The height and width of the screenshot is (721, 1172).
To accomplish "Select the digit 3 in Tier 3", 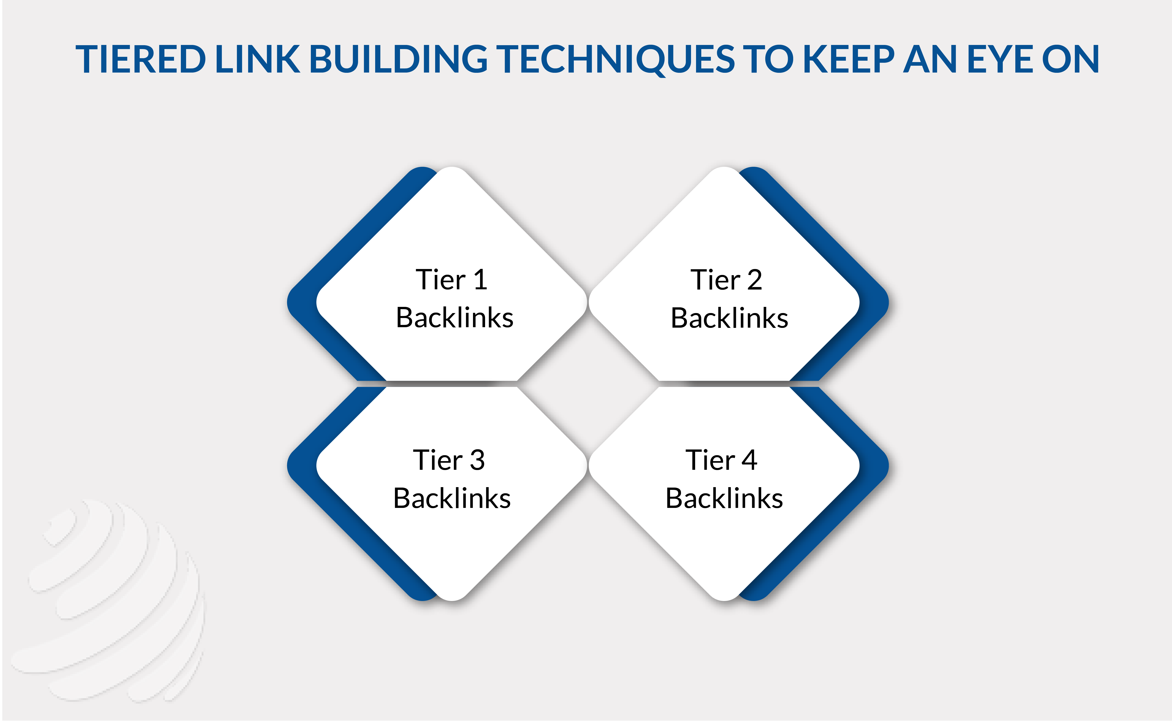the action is point(477,460).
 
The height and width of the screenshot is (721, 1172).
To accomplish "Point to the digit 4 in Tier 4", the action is point(749,460).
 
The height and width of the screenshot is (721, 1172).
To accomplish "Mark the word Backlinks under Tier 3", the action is point(452,498).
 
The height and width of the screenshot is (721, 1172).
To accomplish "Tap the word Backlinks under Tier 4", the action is point(724,498).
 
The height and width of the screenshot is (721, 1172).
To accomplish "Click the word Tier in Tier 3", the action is point(438,460).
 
